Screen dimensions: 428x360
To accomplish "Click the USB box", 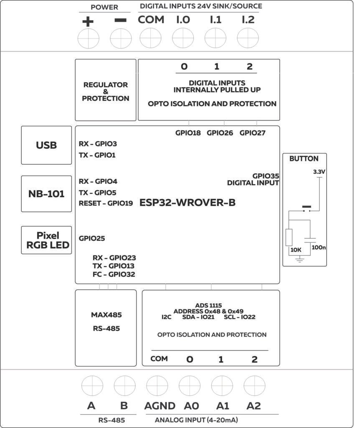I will (x=46, y=145).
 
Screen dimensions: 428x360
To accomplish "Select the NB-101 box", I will (x=46, y=194).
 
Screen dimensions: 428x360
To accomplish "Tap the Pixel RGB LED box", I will (x=46, y=240).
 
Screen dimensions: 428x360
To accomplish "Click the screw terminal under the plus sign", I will (x=89, y=39).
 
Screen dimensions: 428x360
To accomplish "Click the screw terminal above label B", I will (x=125, y=385).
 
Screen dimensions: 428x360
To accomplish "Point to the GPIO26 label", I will (x=220, y=133).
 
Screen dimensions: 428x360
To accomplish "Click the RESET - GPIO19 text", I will (x=106, y=204).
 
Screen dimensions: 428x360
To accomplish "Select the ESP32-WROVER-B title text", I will (x=188, y=203).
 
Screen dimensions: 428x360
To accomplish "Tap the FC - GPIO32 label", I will (x=114, y=274).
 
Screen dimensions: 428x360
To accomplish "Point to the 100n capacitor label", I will (x=319, y=247).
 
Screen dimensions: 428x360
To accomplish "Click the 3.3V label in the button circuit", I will (x=319, y=172).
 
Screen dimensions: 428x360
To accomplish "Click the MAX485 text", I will (x=106, y=315).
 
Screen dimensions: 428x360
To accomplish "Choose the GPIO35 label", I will (x=266, y=176).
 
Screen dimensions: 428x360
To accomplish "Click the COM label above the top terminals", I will (x=151, y=19).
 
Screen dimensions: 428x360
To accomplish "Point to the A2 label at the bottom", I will (x=254, y=406).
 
